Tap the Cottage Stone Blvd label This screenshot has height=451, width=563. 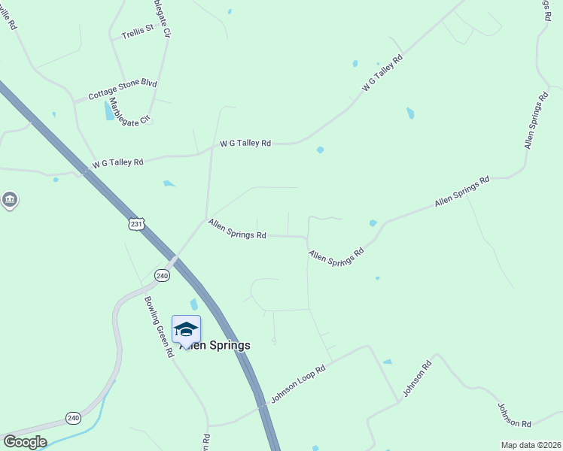click(x=122, y=89)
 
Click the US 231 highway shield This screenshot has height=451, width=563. click(x=135, y=225)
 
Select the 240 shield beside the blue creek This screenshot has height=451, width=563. click(x=73, y=418)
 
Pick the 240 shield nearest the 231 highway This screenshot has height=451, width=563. click(x=163, y=276)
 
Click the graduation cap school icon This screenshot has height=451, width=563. click(x=186, y=329)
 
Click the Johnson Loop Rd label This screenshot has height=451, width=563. click(x=298, y=384)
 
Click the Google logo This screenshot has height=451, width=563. click(x=24, y=442)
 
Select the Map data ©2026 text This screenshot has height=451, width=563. click(x=531, y=445)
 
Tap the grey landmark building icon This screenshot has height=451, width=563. click(x=9, y=200)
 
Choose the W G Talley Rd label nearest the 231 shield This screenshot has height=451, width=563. click(x=117, y=163)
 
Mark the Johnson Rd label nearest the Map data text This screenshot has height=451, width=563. click(x=514, y=415)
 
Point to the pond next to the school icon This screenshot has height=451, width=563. click(x=194, y=304)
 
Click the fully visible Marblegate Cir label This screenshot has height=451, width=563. click(x=130, y=110)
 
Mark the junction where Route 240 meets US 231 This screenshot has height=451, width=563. click(x=174, y=260)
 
